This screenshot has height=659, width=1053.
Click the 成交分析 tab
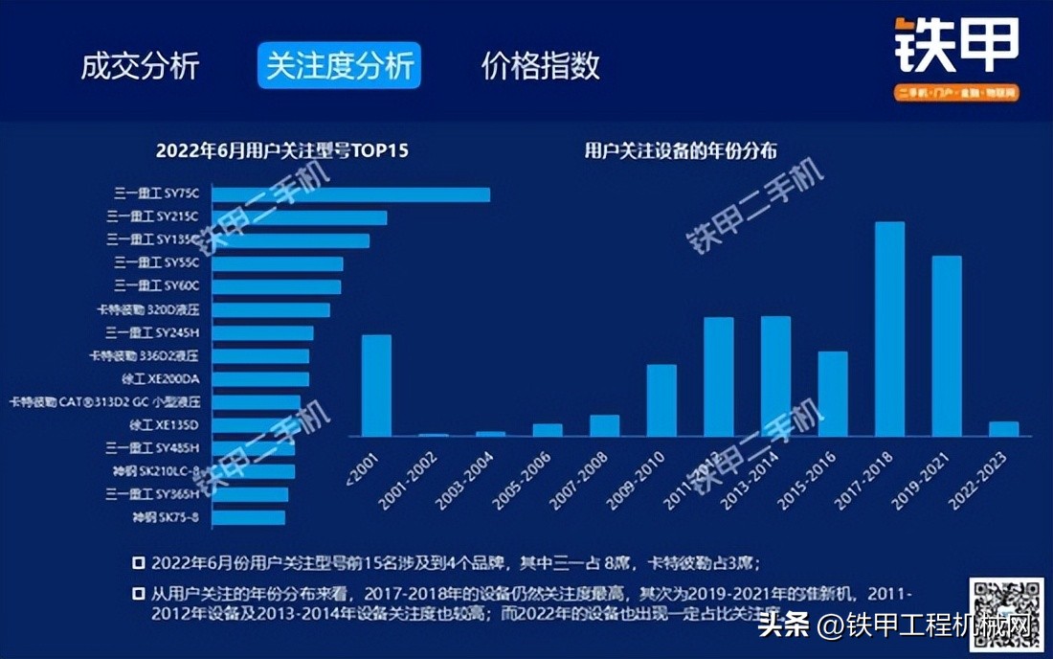tap(140, 66)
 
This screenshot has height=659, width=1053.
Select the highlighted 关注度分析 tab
tap(339, 66)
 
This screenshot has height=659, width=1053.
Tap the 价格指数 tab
tap(540, 66)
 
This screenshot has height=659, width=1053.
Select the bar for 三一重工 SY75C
tap(350, 194)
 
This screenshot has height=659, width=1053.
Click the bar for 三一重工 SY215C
tap(299, 217)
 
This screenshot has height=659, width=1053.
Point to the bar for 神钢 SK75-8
tap(248, 518)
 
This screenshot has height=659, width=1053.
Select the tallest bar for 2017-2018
tap(889, 329)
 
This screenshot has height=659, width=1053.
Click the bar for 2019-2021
tap(947, 346)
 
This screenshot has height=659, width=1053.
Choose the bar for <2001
tap(376, 385)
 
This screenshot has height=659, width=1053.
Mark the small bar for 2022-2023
tap(1003, 429)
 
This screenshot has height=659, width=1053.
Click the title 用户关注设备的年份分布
tap(681, 150)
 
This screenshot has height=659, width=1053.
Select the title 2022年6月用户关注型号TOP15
tap(282, 150)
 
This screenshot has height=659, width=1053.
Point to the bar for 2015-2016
tap(833, 394)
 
